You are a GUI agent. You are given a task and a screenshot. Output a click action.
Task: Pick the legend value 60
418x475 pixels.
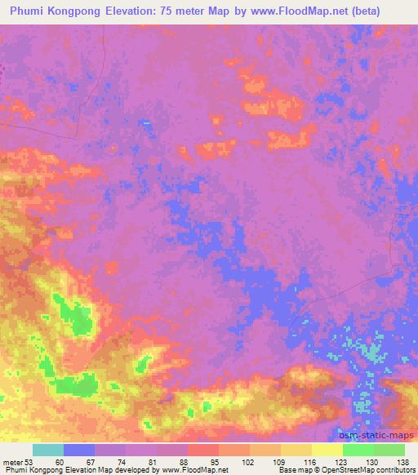64,461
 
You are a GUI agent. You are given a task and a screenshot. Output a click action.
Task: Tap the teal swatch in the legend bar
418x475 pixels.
48,450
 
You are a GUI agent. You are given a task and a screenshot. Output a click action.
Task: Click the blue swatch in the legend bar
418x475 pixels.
79,450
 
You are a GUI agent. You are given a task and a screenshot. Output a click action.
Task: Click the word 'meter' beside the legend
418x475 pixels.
11,461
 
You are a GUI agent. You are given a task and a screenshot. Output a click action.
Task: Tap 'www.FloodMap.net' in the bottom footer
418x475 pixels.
194,470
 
